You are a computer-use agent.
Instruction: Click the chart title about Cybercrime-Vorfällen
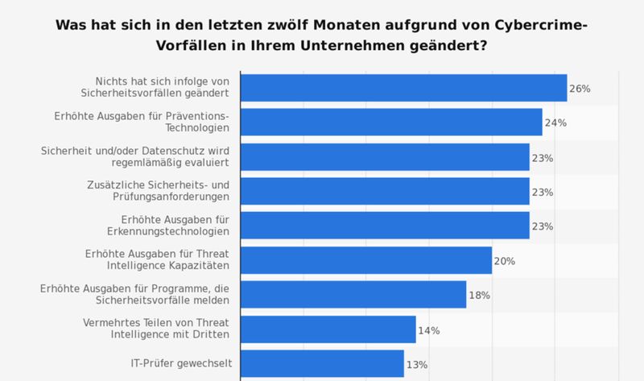tap(322, 35)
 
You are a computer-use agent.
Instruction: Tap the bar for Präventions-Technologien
tap(391, 122)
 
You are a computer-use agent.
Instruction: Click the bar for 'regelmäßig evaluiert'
tap(385, 157)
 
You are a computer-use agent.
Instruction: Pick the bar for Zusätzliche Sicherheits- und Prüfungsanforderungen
tap(385, 192)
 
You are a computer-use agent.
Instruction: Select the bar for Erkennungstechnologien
tap(385, 226)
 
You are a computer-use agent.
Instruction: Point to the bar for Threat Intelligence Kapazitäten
tap(366, 261)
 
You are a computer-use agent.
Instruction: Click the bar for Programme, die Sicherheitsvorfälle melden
tap(353, 295)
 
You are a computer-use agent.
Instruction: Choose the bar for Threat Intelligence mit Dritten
tap(328, 329)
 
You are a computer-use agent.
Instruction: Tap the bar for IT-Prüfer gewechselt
tap(322, 363)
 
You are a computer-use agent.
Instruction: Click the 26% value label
tap(580, 89)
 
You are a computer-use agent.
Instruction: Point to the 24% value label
tap(555, 123)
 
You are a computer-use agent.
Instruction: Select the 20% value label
tap(505, 261)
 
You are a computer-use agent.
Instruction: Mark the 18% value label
tap(480, 296)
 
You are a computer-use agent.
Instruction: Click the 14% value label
tap(429, 330)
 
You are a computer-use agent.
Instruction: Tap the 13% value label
tap(417, 364)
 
